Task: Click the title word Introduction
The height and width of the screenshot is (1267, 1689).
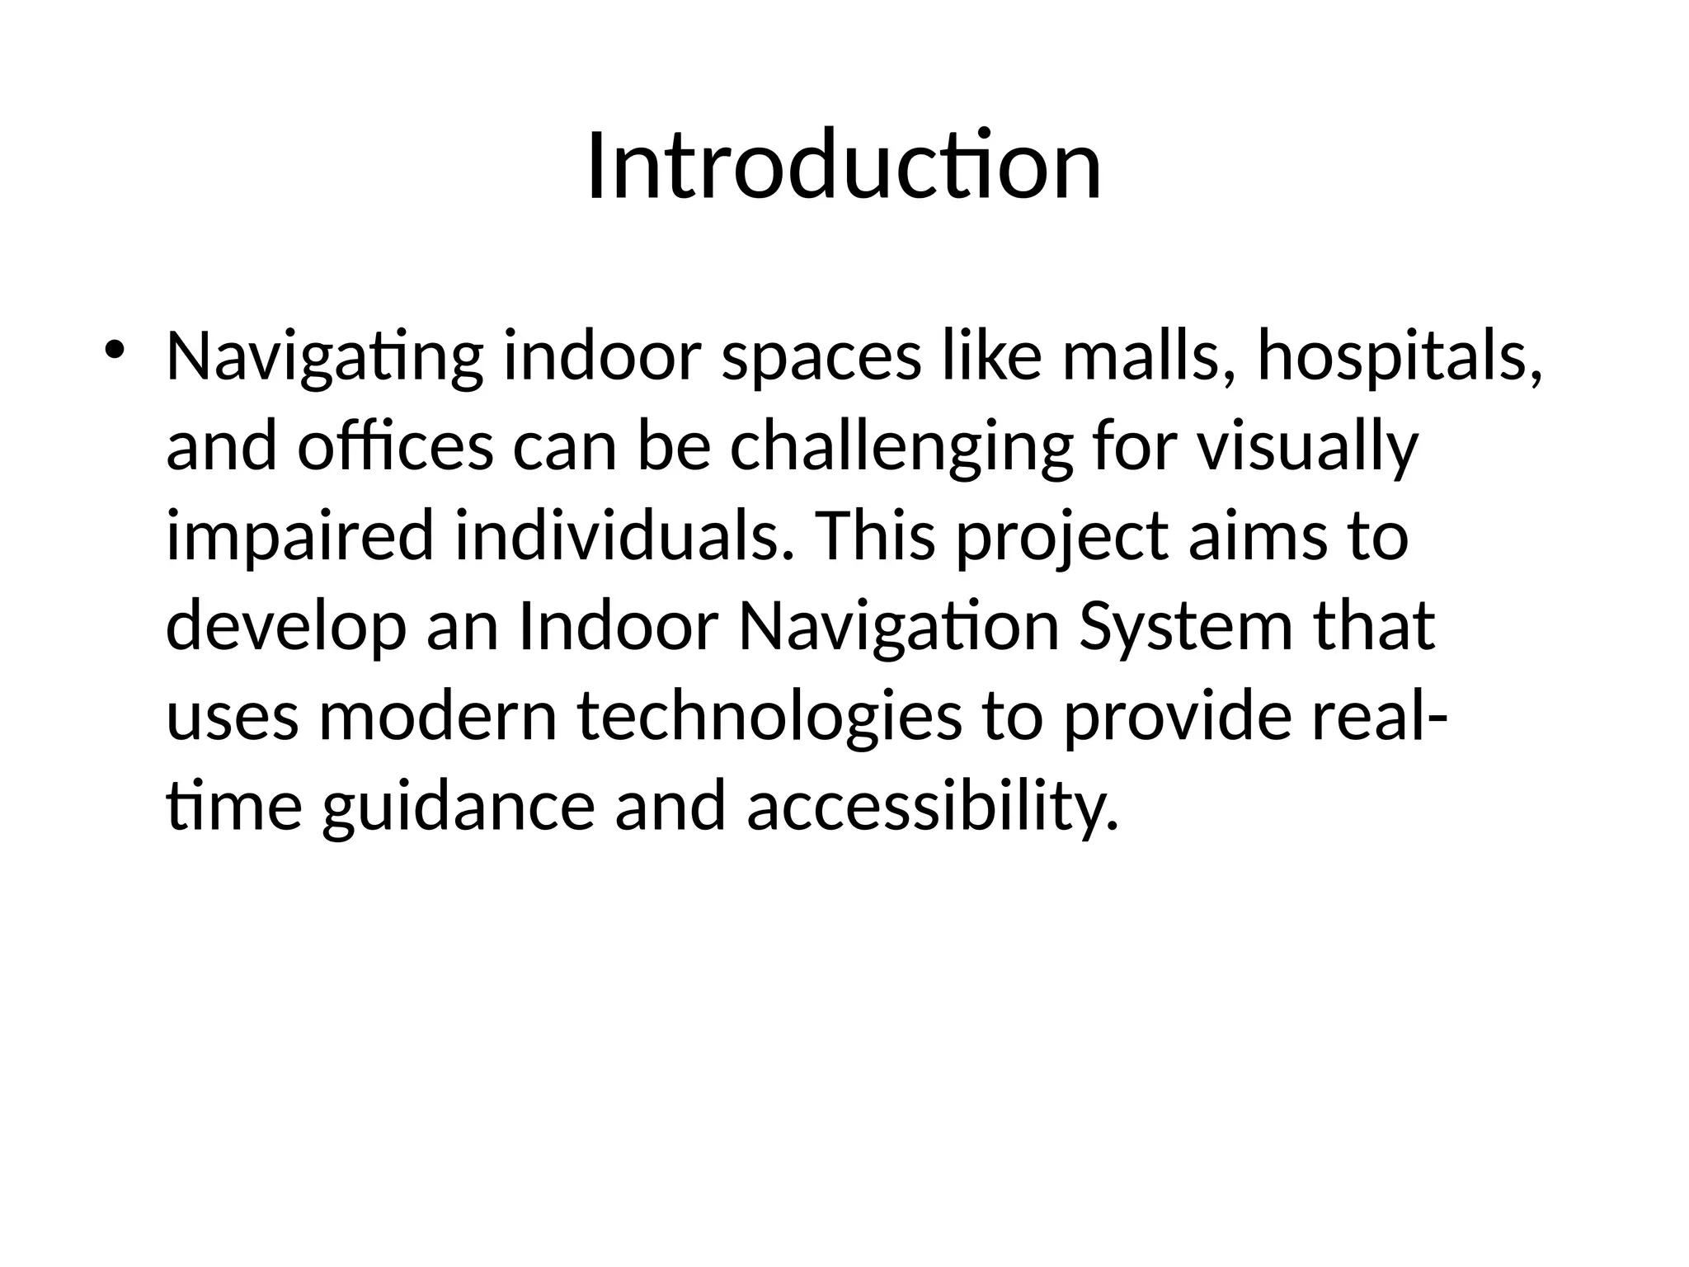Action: [844, 167]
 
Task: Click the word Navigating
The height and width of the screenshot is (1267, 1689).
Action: [324, 358]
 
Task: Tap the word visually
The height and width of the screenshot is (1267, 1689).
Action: [1307, 448]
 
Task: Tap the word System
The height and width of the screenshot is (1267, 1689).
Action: [1185, 626]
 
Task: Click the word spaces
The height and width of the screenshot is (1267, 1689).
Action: [821, 358]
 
